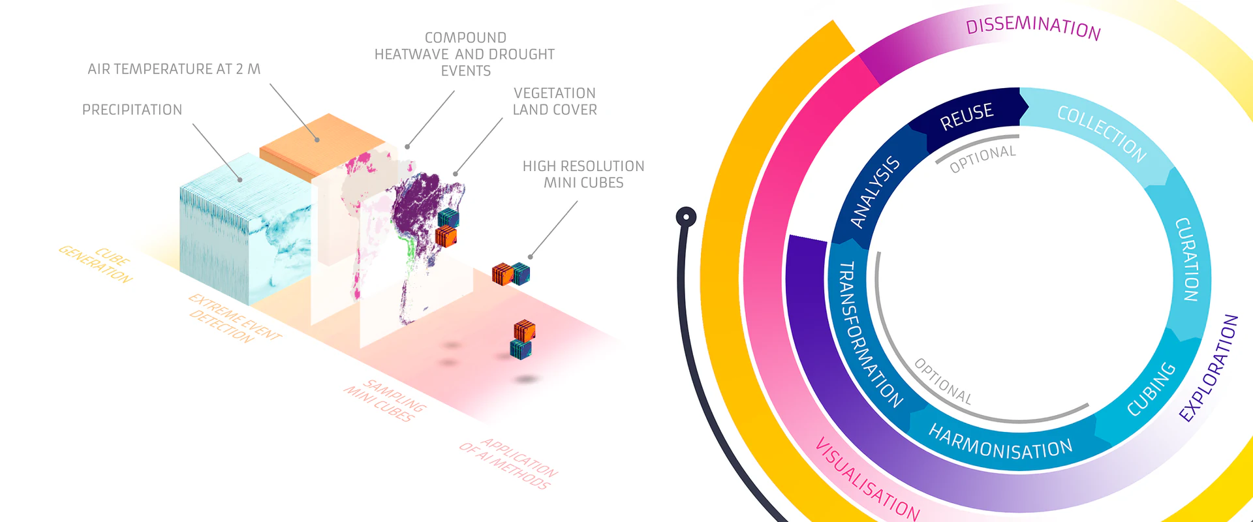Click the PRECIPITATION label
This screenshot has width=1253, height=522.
pyautogui.click(x=132, y=110)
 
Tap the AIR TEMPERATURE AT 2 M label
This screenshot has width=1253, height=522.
pyautogui.click(x=174, y=69)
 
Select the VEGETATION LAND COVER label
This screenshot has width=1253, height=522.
pyautogui.click(x=555, y=101)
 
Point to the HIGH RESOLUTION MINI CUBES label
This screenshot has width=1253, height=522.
pyautogui.click(x=583, y=174)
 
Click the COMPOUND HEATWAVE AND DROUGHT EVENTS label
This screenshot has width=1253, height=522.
pyautogui.click(x=465, y=54)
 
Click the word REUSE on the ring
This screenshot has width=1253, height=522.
pyautogui.click(x=967, y=116)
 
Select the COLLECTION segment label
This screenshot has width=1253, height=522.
pyautogui.click(x=1102, y=133)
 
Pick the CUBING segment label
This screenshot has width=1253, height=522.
pyautogui.click(x=1151, y=389)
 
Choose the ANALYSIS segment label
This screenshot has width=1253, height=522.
pyautogui.click(x=875, y=192)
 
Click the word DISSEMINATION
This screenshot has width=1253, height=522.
pyautogui.click(x=1034, y=27)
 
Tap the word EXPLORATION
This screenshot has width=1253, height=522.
pyautogui.click(x=1209, y=367)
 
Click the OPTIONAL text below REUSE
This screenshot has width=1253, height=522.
pyautogui.click(x=983, y=159)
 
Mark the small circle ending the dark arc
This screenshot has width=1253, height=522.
pyautogui.click(x=686, y=217)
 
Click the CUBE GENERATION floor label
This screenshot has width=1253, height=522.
pyautogui.click(x=96, y=263)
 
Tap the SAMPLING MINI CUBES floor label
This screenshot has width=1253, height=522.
pyautogui.click(x=386, y=400)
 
